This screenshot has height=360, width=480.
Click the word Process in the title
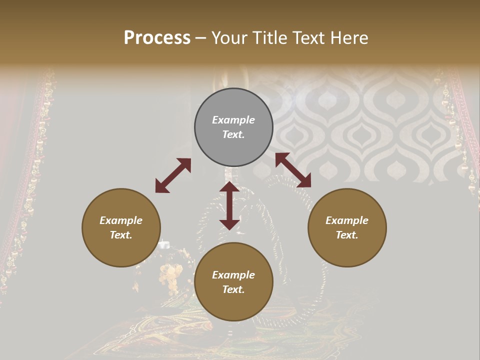(x=157, y=38)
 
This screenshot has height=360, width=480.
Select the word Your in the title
(x=230, y=38)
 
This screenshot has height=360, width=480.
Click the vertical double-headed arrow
(x=229, y=205)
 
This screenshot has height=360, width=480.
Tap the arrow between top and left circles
(x=173, y=175)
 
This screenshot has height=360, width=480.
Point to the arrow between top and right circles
(x=293, y=170)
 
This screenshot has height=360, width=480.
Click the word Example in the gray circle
(x=233, y=120)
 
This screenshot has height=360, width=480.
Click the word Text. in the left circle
(x=121, y=235)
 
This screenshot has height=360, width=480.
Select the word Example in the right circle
(x=347, y=220)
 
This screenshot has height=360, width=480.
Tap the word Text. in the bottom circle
(x=233, y=289)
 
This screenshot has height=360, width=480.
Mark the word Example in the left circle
(x=121, y=220)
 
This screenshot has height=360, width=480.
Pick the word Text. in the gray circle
(x=233, y=134)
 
